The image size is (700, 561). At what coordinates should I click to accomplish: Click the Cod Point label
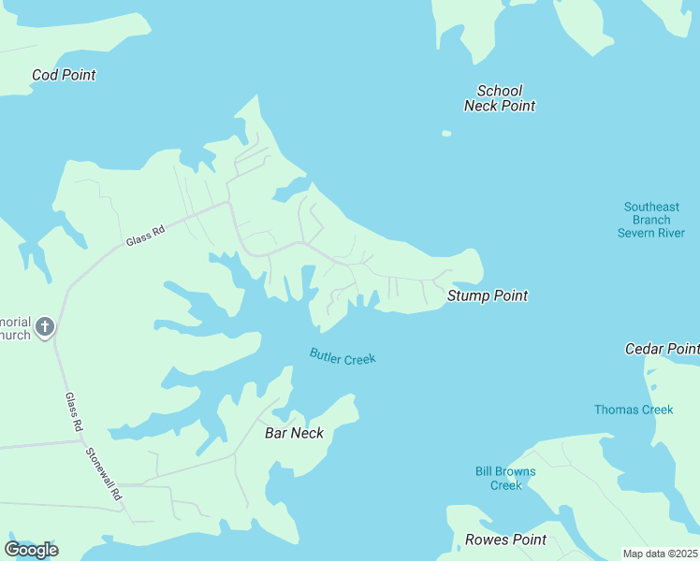coord(64,75)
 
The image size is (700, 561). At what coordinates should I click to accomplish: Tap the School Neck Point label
coord(500,98)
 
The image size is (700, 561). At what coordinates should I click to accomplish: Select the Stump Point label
coord(487,295)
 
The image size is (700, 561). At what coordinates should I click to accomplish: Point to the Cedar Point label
coord(662,349)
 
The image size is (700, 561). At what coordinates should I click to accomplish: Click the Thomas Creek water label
coord(634,410)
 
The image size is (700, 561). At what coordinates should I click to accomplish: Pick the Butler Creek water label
coord(343,357)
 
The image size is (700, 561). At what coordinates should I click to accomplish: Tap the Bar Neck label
coord(294,433)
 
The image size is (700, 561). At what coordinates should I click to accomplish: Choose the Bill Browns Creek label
coord(505,478)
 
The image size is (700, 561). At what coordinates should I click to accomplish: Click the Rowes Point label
coord(505,539)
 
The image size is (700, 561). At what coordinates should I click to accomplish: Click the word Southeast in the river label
coord(651,207)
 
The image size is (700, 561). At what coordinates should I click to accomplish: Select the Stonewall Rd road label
coord(104,474)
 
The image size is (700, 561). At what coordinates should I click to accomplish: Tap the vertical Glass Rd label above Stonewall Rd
coord(72,411)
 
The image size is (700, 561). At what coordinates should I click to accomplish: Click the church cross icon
coord(45,327)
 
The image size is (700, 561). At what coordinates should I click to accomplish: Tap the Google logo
coord(31,550)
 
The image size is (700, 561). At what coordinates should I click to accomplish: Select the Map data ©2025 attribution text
coord(660,554)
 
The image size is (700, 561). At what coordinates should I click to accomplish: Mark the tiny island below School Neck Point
coord(446,134)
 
